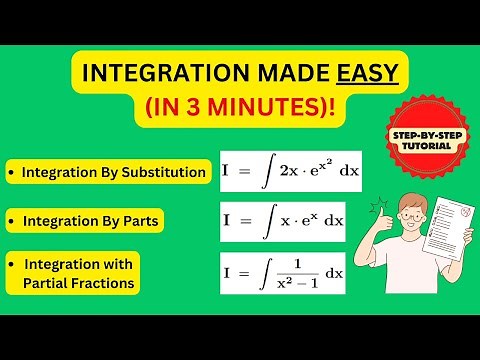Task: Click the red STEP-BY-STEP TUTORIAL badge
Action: [x=417, y=136]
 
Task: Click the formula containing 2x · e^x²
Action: [x=291, y=171]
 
